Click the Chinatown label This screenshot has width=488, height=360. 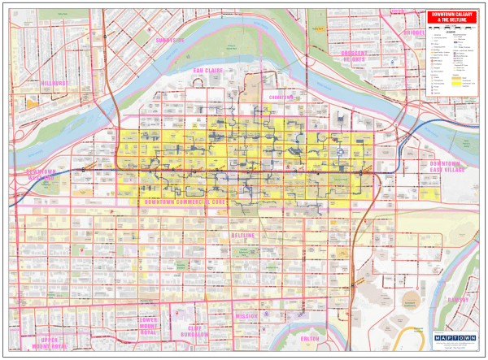(281, 97)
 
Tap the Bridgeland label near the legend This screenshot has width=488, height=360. (414, 33)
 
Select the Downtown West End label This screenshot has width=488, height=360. (41, 176)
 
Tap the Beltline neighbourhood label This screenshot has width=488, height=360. (243, 236)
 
